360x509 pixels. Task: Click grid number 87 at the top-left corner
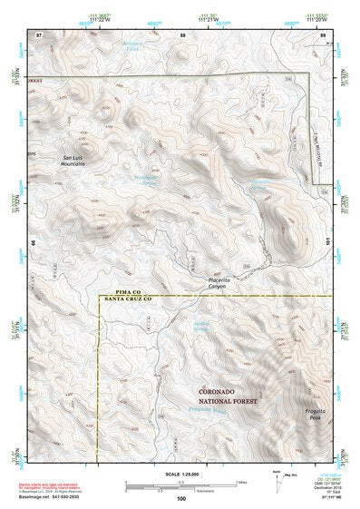tap(39, 34)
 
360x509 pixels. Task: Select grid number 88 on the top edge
tap(182, 34)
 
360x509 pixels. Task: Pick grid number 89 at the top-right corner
tap(322, 34)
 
